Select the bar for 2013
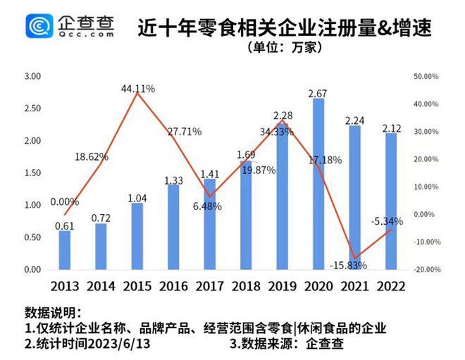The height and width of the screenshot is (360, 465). (x=65, y=250)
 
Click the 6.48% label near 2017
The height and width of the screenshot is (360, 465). (x=207, y=206)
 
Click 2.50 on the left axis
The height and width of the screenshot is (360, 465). (x=32, y=108)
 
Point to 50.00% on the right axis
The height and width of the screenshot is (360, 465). (x=426, y=76)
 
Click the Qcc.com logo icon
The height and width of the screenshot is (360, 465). (x=39, y=27)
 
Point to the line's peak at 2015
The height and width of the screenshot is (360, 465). (x=138, y=93)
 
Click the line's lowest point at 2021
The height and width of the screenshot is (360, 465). (x=355, y=259)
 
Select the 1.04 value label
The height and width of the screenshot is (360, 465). (x=138, y=197)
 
